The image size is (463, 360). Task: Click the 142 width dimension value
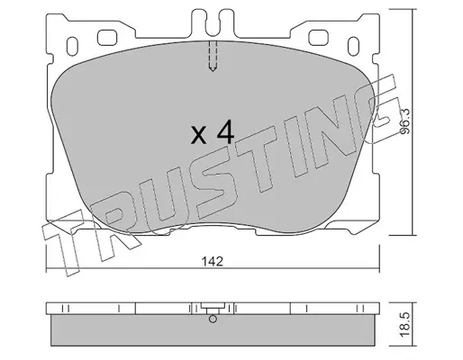(213, 262)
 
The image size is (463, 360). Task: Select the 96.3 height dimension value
(405, 121)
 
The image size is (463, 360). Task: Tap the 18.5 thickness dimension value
(405, 324)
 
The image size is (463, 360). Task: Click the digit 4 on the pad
(225, 131)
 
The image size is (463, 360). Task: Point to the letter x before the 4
(199, 135)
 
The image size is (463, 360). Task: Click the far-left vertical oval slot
(72, 46)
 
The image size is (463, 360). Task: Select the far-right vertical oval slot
(353, 46)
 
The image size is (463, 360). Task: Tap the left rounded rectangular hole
(107, 38)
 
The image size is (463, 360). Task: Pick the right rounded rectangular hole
(318, 38)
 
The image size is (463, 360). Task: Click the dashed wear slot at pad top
(213, 56)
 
